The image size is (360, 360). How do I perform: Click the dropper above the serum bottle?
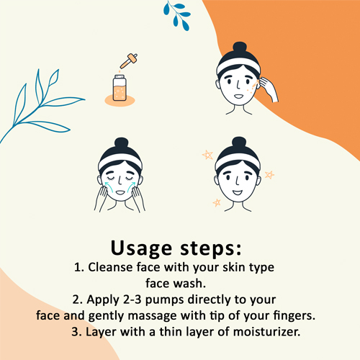tap(129, 61)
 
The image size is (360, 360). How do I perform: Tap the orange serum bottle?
tap(120, 88)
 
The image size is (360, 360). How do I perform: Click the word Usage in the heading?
tap(141, 248)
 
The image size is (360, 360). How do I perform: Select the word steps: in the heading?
tap(211, 248)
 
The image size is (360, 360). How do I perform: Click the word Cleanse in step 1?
tap(110, 267)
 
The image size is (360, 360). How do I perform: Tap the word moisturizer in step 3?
tap(266, 332)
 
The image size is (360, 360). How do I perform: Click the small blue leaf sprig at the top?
tap(178, 16)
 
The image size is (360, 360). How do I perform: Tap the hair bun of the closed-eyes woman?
tap(122, 143)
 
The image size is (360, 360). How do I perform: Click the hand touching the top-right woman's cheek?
tap(269, 89)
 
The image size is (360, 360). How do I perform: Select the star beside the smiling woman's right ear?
tap(269, 175)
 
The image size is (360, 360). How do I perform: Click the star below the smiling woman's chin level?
tap(217, 203)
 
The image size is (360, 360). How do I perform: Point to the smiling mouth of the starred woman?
tap(238, 192)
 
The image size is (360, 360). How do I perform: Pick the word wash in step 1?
tap(190, 284)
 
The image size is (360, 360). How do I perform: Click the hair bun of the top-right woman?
tap(240, 48)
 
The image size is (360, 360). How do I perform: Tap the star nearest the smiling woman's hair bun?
tap(207, 155)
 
